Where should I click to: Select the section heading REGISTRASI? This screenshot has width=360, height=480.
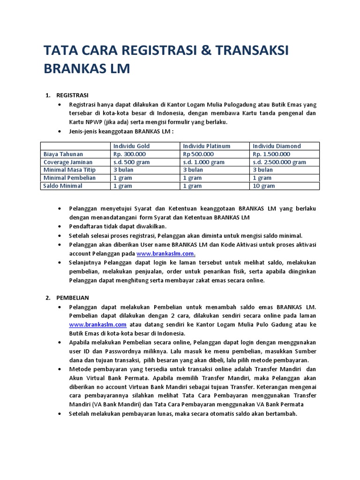coord(72,96)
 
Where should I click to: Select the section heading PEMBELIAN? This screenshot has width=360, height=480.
coord(73,298)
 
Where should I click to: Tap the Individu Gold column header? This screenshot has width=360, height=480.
coord(131,146)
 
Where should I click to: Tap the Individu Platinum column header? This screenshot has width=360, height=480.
coord(207,146)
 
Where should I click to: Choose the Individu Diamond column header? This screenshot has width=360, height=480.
coord(277,146)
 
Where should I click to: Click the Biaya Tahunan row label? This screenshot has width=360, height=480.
coord(63,154)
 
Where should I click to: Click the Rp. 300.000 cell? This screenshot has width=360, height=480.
coord(129,154)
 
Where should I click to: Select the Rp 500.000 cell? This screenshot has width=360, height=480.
coord(198,154)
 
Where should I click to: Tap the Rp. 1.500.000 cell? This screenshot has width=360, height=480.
coord(271,154)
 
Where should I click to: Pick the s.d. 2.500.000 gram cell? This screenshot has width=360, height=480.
coord(279,162)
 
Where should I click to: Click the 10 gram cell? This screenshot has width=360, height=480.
coord(264,186)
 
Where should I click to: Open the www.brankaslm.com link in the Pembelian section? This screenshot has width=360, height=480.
coord(98,324)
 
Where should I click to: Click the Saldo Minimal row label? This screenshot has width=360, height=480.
coord(63,186)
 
